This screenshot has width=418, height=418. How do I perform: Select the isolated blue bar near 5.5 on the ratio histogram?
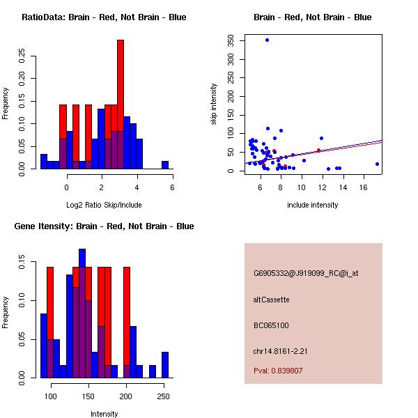pos(165,165)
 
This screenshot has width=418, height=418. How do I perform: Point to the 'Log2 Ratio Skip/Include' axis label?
pos(104,204)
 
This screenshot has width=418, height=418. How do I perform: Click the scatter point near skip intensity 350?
pos(267,40)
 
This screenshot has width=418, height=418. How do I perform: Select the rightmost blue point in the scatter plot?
pos(377,164)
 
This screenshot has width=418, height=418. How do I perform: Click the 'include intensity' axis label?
pos(313,205)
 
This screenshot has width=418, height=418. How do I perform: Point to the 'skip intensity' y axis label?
pos(215,104)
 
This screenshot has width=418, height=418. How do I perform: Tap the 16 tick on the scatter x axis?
pos(364,187)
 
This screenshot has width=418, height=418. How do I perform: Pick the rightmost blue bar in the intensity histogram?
pos(165,364)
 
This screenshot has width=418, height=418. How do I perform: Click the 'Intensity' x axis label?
pos(104,414)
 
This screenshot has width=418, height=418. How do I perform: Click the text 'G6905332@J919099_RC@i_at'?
pos(306,274)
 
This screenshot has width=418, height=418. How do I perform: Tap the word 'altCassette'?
pos(272,300)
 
